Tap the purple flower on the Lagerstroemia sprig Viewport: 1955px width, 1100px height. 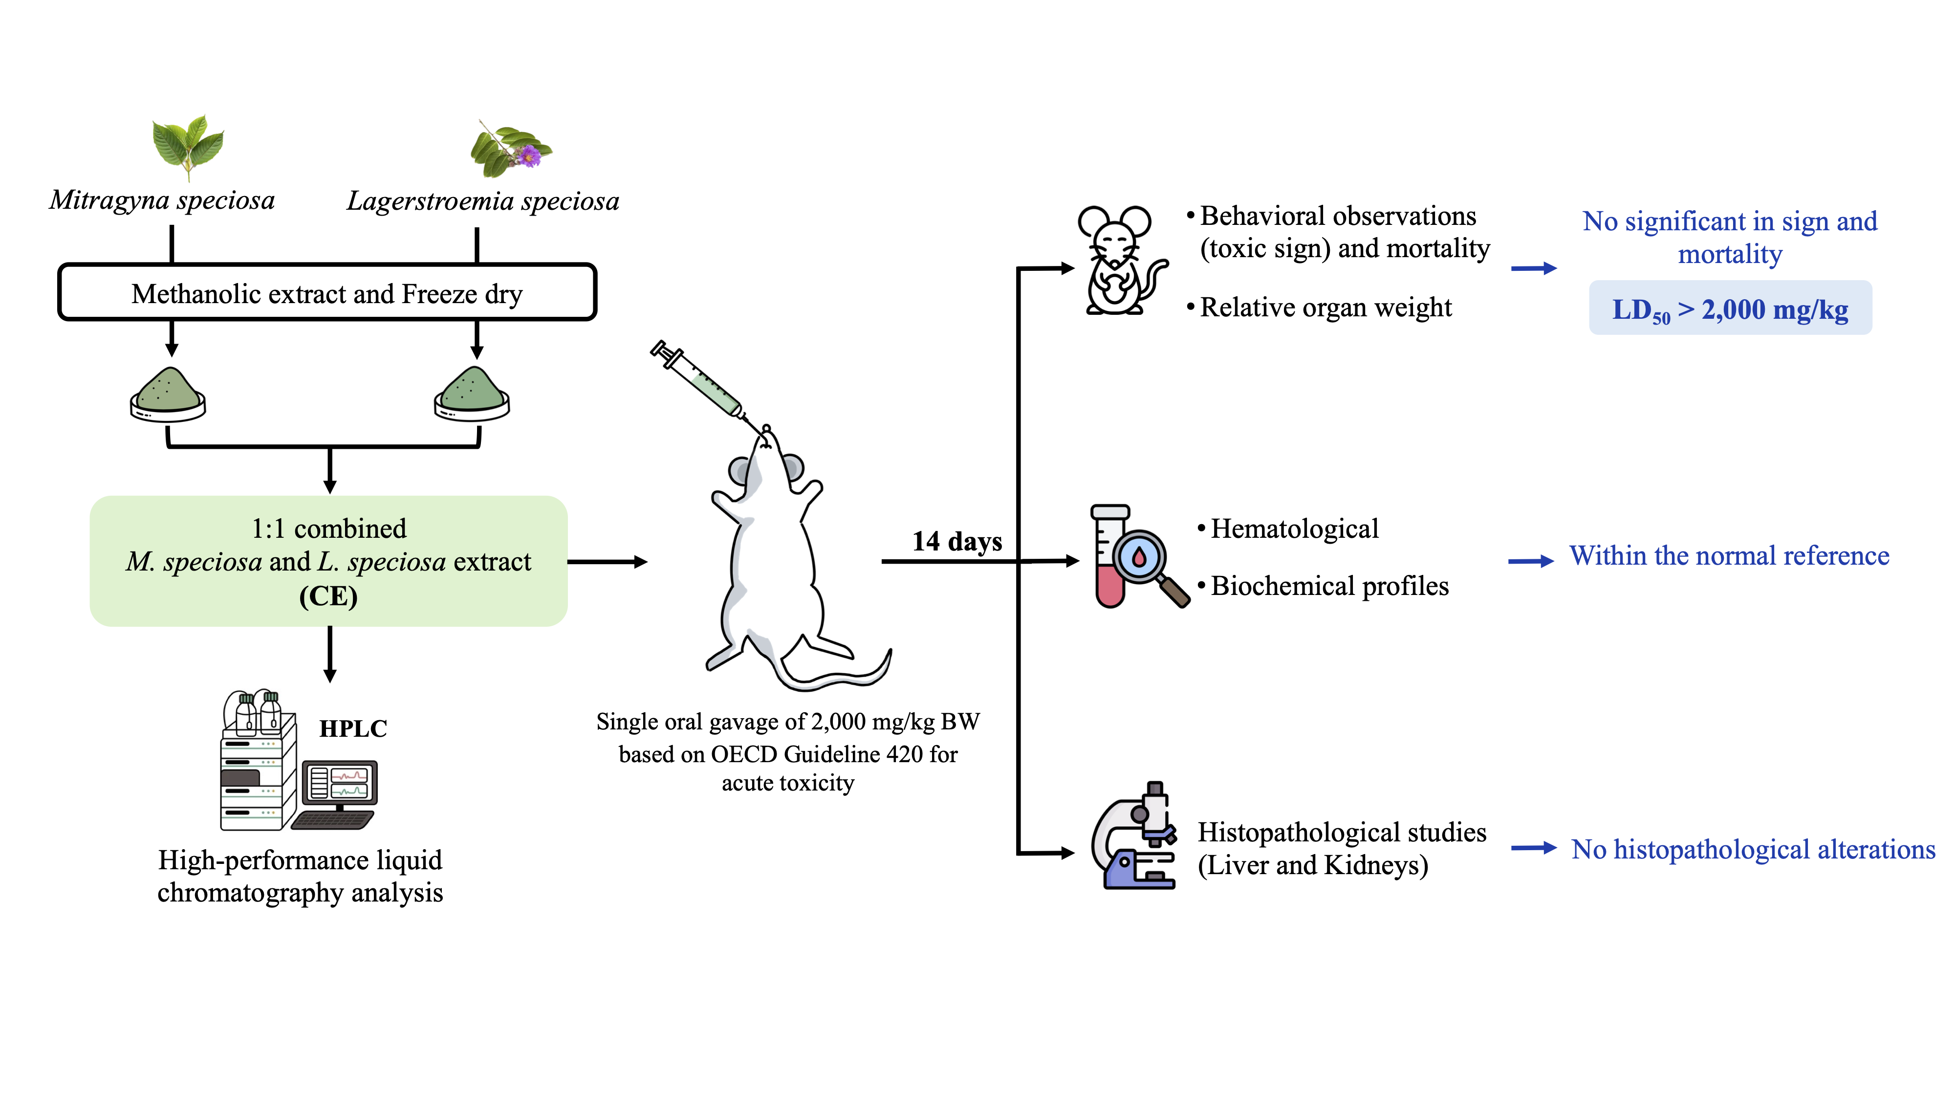point(529,156)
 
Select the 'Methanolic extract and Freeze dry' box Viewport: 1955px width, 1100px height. point(327,293)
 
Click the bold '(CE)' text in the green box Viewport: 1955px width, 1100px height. point(328,596)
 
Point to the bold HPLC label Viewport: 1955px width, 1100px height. point(353,729)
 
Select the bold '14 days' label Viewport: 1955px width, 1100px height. point(957,541)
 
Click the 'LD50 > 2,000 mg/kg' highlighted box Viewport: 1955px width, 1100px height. point(1730,308)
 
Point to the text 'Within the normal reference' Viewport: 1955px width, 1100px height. point(1729,556)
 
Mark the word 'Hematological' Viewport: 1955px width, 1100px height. point(1294,528)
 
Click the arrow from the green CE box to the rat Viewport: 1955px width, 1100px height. point(607,562)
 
